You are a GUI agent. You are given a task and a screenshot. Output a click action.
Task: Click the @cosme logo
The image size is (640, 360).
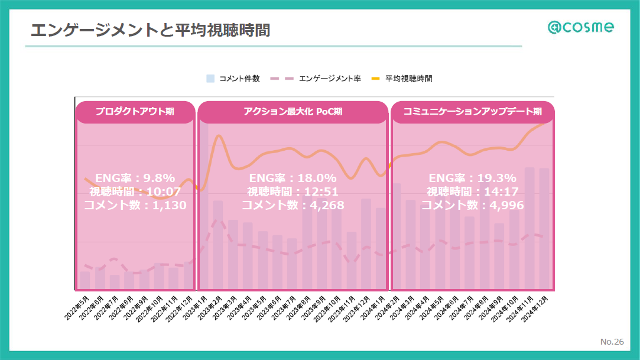pos(580,27)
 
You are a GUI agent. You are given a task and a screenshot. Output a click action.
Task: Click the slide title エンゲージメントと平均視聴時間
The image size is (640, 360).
pos(150,30)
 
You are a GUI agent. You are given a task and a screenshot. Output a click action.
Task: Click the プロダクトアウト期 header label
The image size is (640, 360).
pos(135,112)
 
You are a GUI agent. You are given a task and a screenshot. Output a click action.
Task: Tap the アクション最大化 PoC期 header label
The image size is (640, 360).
pos(293,112)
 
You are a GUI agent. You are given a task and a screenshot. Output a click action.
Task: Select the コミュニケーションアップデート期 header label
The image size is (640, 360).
pos(472,112)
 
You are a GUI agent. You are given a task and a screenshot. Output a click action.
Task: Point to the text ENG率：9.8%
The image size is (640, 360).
pos(135,178)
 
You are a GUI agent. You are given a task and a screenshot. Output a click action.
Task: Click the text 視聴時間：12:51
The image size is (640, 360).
pos(293,192)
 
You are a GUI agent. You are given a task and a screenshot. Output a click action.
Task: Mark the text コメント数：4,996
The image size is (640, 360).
pos(472,205)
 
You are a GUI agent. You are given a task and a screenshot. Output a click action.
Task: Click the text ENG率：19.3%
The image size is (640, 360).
pos(472,178)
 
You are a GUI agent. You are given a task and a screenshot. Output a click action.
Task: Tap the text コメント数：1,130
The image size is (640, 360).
pos(135,205)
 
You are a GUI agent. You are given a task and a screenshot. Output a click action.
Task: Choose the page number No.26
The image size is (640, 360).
pos(612,342)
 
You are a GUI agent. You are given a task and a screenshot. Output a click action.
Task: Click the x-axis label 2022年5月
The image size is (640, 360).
pos(77,307)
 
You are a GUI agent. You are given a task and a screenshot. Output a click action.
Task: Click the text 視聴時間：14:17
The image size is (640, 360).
pos(472,192)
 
